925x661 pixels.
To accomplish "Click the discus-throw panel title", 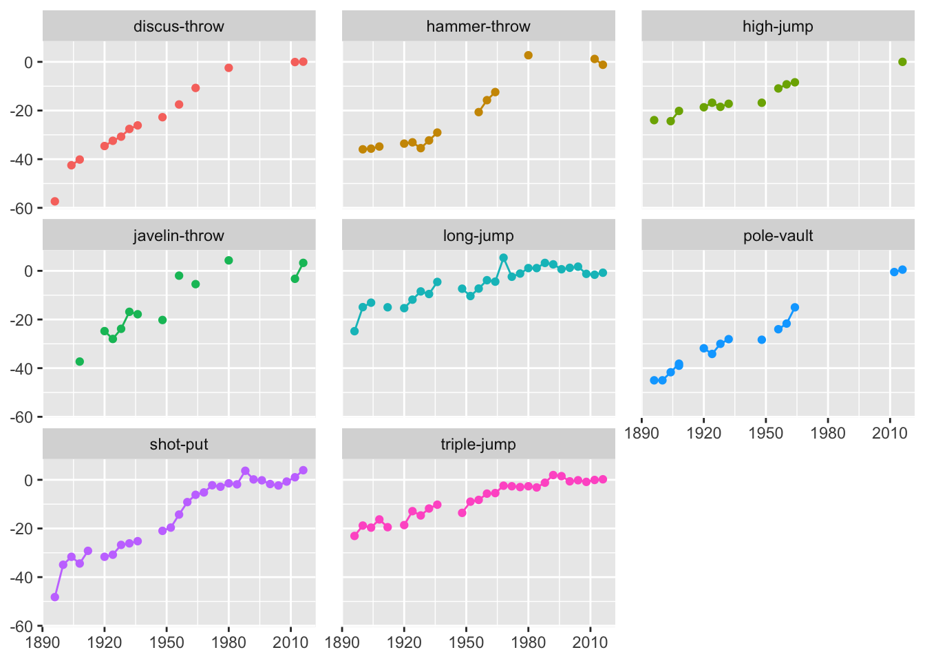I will pyautogui.click(x=179, y=27).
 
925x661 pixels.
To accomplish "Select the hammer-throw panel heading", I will pyautogui.click(x=478, y=27).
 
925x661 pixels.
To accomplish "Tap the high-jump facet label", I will pyautogui.click(x=778, y=27).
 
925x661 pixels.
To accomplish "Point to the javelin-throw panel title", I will pyautogui.click(x=179, y=236).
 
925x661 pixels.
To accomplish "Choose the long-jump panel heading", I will pyautogui.click(x=478, y=236).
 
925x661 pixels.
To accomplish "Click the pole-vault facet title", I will pyautogui.click(x=778, y=236).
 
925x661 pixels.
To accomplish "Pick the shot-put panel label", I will pyautogui.click(x=179, y=445).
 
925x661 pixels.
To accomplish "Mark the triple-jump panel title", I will pyautogui.click(x=478, y=445).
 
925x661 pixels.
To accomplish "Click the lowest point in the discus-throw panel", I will pyautogui.click(x=55, y=202).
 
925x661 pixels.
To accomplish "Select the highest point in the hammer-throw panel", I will pyautogui.click(x=529, y=56).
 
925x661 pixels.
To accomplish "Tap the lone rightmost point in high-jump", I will pyautogui.click(x=902, y=62).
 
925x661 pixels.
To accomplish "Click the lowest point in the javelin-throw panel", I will pyautogui.click(x=80, y=361).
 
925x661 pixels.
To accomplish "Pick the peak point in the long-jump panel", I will pyautogui.click(x=504, y=258).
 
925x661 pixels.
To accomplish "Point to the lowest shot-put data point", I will pyautogui.click(x=55, y=598).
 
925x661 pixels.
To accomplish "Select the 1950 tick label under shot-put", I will pyautogui.click(x=167, y=642).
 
